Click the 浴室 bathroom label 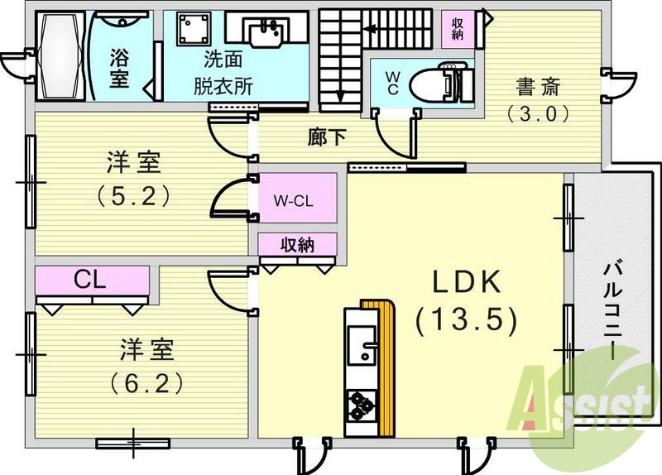coord(119,67)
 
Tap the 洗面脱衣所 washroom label coord(223,73)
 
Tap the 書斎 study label coord(540,86)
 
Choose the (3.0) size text coord(540,114)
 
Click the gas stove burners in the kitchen coord(360,405)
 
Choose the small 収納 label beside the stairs coord(458,29)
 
